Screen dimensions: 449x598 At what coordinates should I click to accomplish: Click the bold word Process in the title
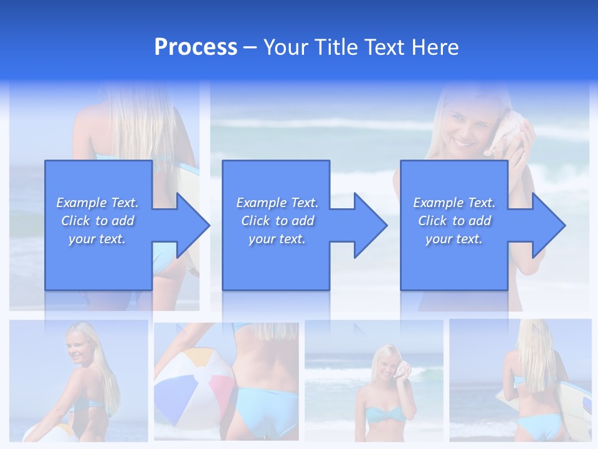tap(196, 47)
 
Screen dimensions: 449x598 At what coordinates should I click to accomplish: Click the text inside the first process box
tap(97, 221)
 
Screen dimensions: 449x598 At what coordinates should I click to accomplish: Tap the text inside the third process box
tap(454, 221)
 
